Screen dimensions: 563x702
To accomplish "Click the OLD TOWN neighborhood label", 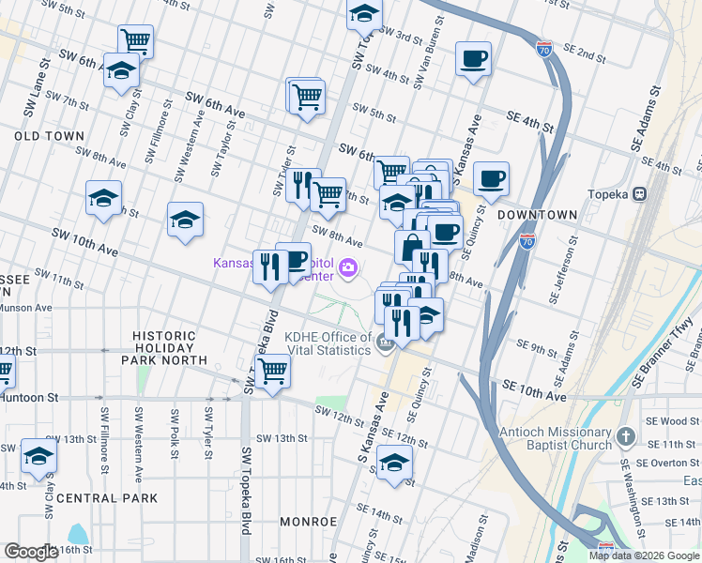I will [x=49, y=136].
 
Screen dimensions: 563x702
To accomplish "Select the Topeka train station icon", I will [x=641, y=194].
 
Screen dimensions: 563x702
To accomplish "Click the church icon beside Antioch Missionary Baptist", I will [x=628, y=437].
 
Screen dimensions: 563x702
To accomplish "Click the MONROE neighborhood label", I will [x=307, y=521].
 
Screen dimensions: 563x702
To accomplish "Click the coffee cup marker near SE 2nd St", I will [x=472, y=60].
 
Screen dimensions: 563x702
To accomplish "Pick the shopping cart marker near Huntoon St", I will [x=271, y=370].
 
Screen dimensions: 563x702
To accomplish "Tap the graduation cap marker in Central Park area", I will [x=38, y=456].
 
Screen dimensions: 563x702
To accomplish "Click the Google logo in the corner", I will [x=31, y=552].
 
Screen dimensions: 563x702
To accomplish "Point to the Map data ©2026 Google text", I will [x=644, y=555].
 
